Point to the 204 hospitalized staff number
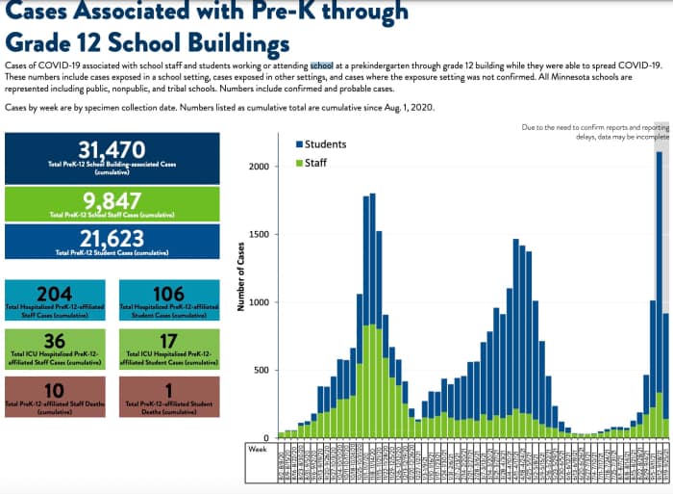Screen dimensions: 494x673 pyautogui.click(x=55, y=294)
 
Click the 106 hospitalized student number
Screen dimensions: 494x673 pyautogui.click(x=168, y=294)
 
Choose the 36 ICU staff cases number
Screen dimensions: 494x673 pyautogui.click(x=55, y=342)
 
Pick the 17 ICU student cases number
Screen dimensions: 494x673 pyautogui.click(x=168, y=342)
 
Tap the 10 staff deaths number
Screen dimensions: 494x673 pyautogui.click(x=55, y=389)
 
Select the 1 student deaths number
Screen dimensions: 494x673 pyautogui.click(x=168, y=389)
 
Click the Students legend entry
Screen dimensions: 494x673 pyautogui.click(x=324, y=144)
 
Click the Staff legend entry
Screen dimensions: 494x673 pyautogui.click(x=316, y=163)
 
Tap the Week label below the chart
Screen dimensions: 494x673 pyautogui.click(x=258, y=449)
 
